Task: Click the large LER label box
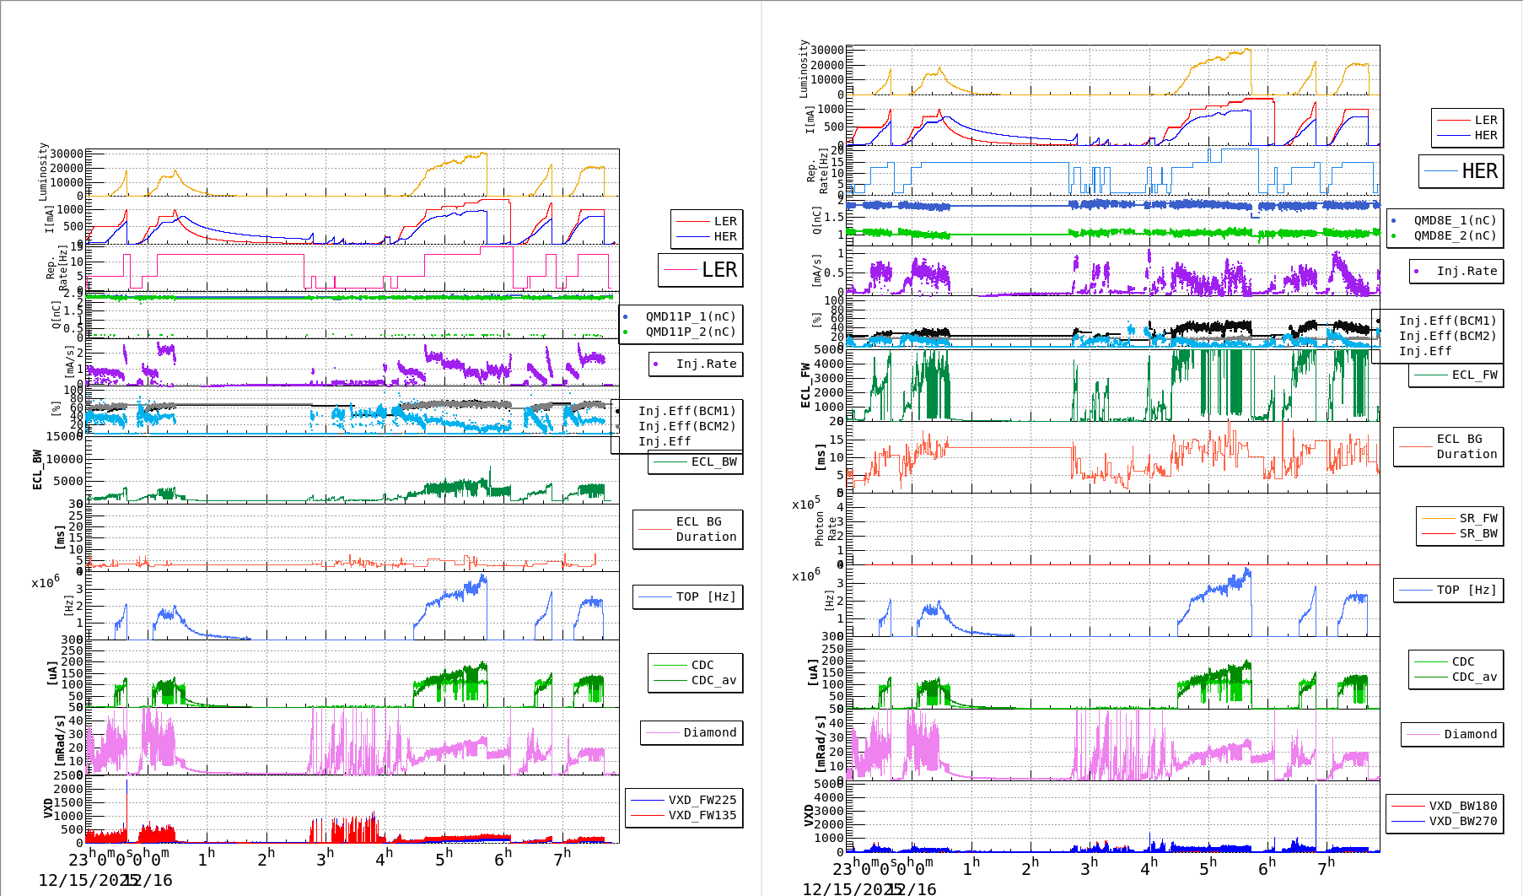click(x=701, y=270)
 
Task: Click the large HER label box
click(x=1461, y=171)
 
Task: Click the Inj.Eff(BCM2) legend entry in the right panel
click(x=1447, y=336)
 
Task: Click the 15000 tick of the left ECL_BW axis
click(x=65, y=436)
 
